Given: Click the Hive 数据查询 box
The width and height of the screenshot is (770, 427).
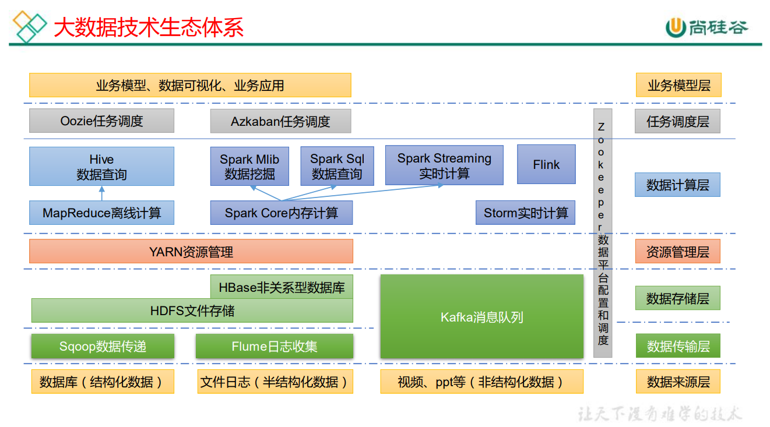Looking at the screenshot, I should [x=101, y=167].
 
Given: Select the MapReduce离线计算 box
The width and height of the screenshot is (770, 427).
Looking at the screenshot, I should [x=101, y=213].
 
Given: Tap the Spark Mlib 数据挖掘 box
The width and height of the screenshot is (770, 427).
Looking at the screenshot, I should [x=249, y=167].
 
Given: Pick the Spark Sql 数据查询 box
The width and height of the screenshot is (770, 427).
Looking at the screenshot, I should [x=337, y=167].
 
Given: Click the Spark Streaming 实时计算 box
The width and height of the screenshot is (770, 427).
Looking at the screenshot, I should [x=444, y=165].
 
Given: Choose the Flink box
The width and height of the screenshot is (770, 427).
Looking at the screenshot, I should [x=546, y=165].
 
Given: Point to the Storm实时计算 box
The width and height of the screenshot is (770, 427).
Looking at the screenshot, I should [x=526, y=213].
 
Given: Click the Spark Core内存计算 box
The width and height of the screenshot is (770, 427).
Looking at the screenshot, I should [x=281, y=213].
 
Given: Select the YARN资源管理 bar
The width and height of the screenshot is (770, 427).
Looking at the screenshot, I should [x=191, y=252].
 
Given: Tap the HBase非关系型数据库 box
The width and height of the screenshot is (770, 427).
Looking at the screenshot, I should [x=282, y=287].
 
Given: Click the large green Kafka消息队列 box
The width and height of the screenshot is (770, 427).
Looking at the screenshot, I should [x=481, y=317].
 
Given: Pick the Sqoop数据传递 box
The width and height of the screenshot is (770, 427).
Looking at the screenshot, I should [x=103, y=347].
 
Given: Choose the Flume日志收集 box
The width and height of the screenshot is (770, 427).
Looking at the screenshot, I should [x=275, y=347].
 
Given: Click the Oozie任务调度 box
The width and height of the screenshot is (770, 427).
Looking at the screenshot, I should [x=101, y=121].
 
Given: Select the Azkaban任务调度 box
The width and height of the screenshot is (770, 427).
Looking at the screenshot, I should [x=280, y=121].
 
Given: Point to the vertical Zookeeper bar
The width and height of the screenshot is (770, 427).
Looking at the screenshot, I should [x=603, y=233].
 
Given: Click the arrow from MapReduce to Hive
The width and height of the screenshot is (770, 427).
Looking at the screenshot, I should [x=101, y=194].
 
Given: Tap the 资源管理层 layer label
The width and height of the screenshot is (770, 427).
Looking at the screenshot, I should [x=677, y=252].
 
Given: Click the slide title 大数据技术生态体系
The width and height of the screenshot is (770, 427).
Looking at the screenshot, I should [x=149, y=27].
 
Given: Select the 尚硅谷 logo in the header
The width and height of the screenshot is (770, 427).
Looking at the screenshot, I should [x=706, y=27].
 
